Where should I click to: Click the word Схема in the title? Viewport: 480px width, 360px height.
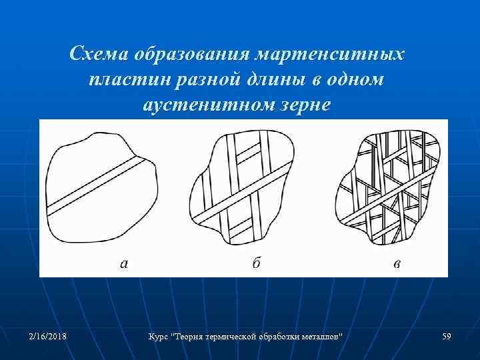100,53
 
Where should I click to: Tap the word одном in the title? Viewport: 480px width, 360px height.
356,79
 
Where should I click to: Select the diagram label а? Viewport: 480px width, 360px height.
124,264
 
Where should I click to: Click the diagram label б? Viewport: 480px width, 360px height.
257,263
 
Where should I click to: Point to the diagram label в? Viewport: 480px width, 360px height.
397,264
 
